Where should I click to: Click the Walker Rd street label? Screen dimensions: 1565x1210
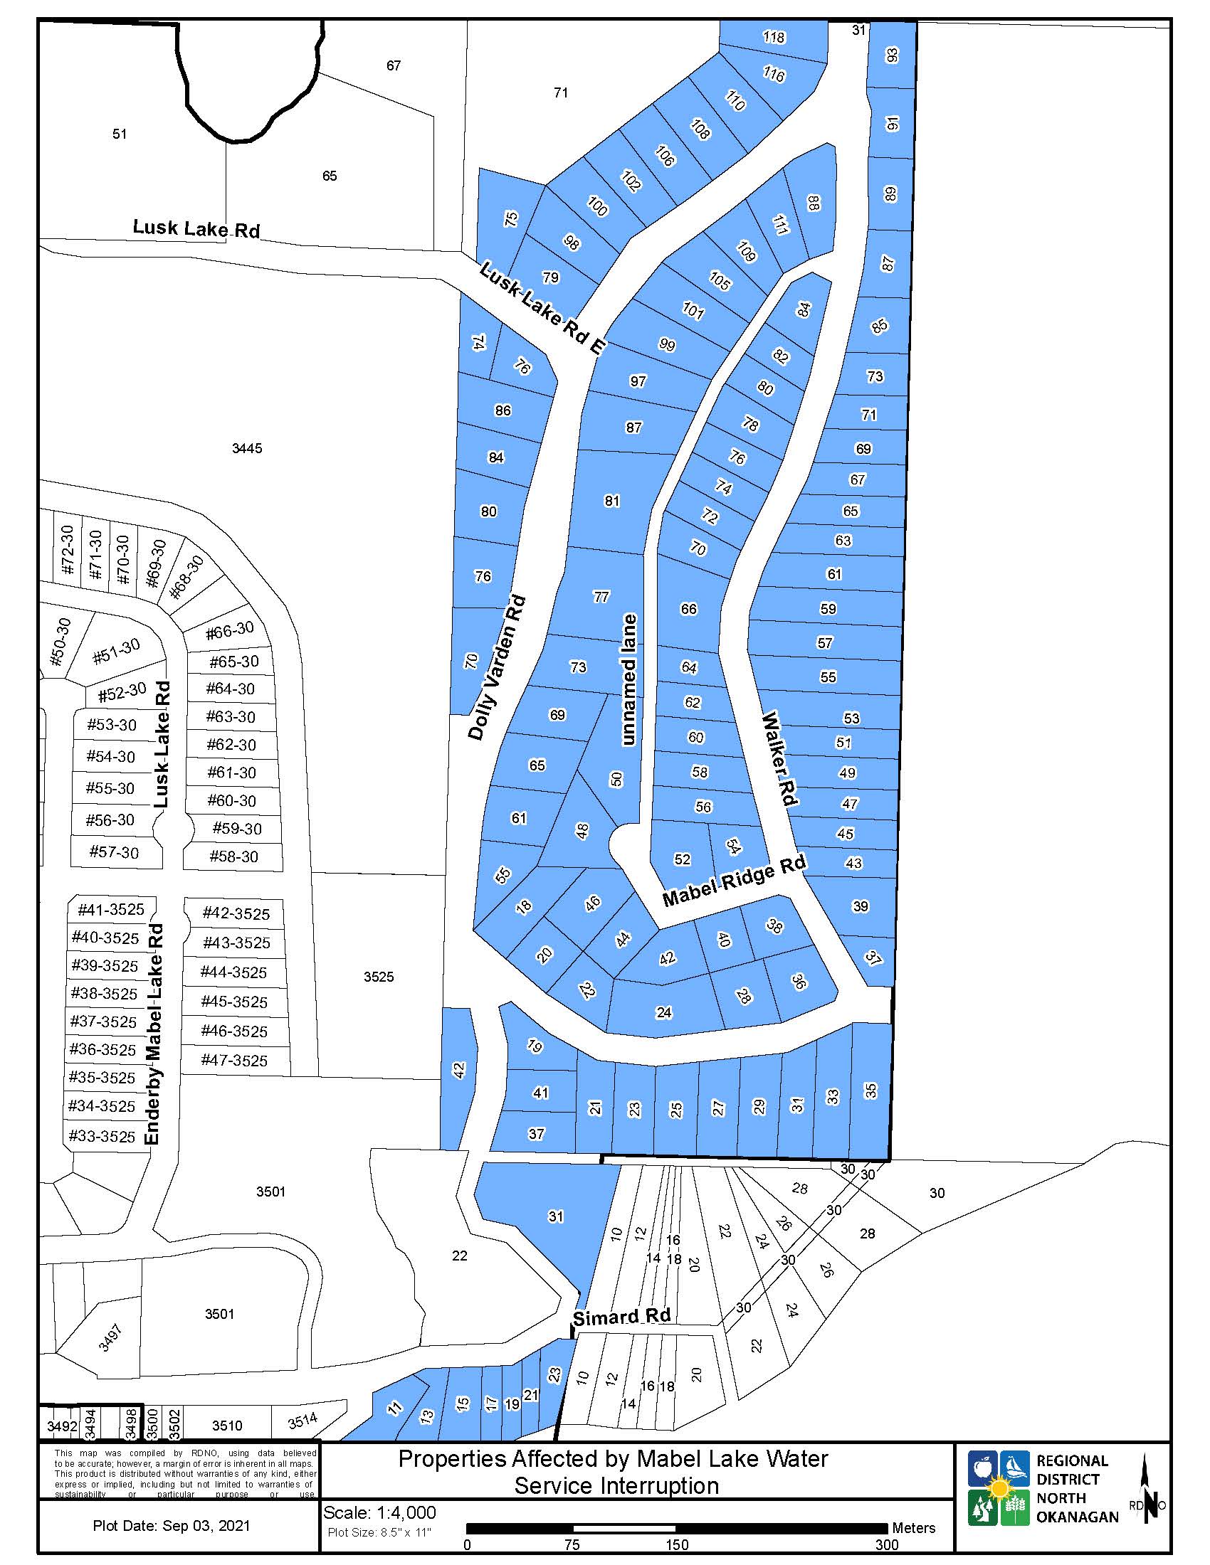781,758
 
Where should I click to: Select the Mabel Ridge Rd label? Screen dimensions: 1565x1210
733,881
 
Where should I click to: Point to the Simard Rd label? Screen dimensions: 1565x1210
621,1316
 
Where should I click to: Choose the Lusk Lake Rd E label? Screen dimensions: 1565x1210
542,309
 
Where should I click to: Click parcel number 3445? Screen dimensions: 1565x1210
246,449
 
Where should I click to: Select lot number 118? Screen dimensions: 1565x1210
774,37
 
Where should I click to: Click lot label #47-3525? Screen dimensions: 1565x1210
233,1060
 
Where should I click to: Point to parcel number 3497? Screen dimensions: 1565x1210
110,1338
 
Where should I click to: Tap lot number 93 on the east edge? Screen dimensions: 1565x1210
892,55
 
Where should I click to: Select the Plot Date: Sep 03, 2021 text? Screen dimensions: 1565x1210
172,1525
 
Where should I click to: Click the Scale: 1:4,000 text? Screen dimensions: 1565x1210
379,1512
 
